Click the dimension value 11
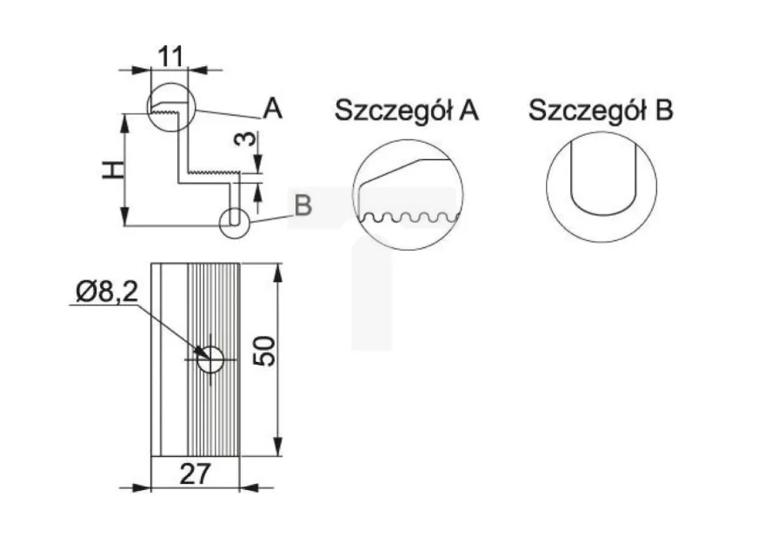pos(171,57)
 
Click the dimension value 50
pos(264,351)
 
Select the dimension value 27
pos(196,473)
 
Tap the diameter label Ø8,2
pos(107,292)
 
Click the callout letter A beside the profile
pos(273,109)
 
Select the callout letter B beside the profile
pos(303,205)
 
